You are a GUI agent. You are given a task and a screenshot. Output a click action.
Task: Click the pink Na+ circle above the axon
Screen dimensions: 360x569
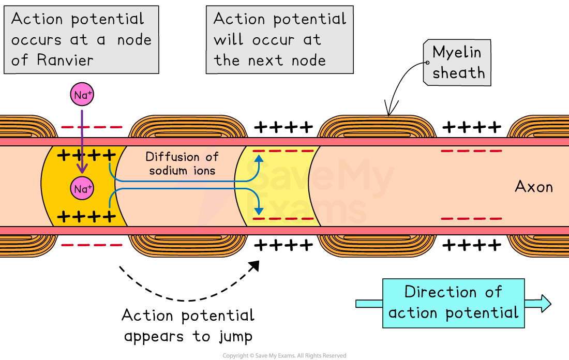82,95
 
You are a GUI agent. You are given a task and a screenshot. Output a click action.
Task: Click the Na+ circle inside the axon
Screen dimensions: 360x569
82,189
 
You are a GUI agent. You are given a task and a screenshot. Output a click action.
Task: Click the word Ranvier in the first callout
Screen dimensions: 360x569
65,60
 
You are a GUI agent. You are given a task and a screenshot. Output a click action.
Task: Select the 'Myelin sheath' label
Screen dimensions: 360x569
457,63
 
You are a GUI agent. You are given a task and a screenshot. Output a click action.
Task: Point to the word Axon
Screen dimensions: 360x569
534,187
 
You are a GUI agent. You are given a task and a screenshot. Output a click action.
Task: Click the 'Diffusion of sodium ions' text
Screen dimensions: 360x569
182,163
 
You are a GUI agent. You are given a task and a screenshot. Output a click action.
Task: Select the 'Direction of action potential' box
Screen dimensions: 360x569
453,303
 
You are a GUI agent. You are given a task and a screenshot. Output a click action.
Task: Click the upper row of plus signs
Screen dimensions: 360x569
86,155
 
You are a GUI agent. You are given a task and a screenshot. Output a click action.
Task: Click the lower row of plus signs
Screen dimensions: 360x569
86,216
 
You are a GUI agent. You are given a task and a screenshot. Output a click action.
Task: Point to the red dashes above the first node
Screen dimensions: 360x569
92,127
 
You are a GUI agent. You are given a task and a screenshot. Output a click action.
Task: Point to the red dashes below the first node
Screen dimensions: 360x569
92,245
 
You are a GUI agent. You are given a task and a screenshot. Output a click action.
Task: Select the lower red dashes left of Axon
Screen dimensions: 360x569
471,219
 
